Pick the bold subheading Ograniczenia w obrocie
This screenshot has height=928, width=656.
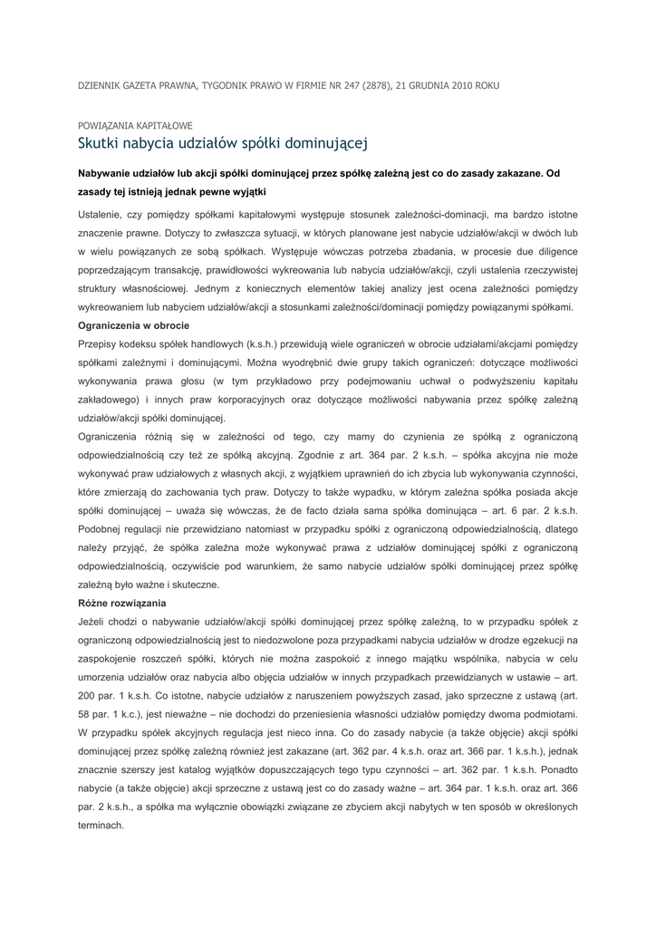[x=130, y=324]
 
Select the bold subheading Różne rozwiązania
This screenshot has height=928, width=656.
[x=116, y=602]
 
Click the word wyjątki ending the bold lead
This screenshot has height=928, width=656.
[x=246, y=191]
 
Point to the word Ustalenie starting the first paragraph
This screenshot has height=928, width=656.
[x=102, y=214]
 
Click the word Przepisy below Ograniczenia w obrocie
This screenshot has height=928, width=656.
[x=101, y=343]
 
